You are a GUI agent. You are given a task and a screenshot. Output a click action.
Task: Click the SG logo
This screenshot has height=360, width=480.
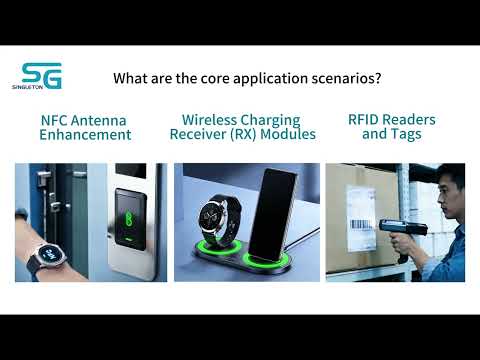pos(41,77)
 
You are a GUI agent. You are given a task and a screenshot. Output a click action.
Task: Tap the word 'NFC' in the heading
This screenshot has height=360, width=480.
pos(56,120)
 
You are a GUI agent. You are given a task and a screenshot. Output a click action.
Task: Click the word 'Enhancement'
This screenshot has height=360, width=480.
pos(85,134)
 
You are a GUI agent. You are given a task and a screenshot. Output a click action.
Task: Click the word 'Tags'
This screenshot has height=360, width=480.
pos(404,134)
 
